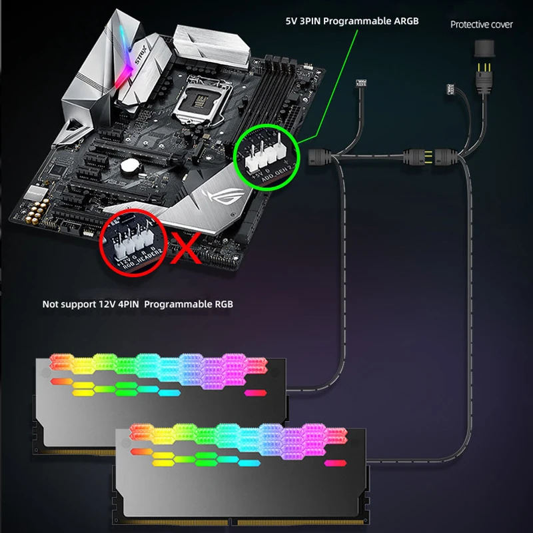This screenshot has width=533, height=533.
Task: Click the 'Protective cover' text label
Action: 482,24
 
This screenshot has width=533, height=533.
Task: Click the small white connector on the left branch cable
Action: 362,85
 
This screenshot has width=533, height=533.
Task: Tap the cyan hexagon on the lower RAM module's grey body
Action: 250,463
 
